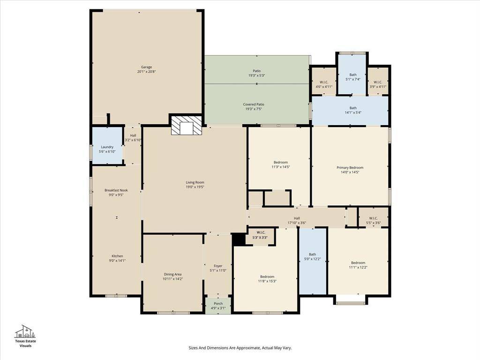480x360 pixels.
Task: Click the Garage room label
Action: click(x=146, y=67)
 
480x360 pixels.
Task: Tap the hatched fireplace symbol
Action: click(x=187, y=125)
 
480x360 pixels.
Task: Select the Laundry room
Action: click(x=107, y=145)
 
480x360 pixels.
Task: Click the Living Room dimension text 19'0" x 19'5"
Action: click(x=195, y=187)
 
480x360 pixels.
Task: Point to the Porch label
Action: click(x=218, y=304)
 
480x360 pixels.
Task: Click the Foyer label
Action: click(x=218, y=266)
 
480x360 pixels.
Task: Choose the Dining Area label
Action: click(x=172, y=274)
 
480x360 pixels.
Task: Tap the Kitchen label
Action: click(x=117, y=256)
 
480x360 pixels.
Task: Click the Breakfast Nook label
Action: click(x=116, y=190)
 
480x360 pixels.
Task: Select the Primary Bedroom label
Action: click(x=350, y=167)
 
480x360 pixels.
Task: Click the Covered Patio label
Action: click(x=254, y=105)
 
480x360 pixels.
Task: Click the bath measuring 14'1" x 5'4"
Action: click(x=350, y=110)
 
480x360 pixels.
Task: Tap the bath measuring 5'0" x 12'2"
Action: click(x=313, y=261)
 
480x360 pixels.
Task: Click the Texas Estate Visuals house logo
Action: click(x=25, y=331)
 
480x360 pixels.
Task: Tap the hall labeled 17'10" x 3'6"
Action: click(x=296, y=217)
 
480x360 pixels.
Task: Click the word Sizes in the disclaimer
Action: click(x=193, y=348)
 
